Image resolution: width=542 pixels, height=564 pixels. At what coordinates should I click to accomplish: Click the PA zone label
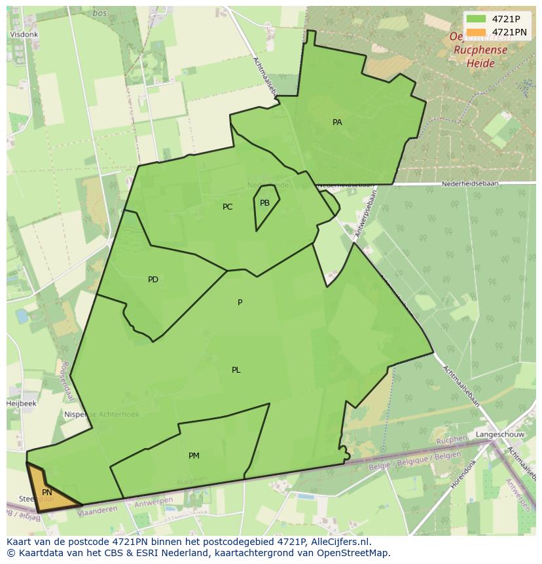pos(337,122)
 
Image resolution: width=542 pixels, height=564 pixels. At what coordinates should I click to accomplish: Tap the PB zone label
pos(264,203)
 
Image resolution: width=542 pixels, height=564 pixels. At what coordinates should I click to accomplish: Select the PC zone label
pos(227,207)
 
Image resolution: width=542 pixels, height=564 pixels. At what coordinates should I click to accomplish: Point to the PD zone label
pos(153,280)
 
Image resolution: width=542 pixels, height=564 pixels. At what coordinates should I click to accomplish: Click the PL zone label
pos(236,370)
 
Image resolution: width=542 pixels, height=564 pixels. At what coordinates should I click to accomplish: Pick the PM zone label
pos(194,456)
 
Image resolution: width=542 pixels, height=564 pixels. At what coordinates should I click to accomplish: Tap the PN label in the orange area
pos(47,493)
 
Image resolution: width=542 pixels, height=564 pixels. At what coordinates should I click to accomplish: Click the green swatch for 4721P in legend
pos(477,19)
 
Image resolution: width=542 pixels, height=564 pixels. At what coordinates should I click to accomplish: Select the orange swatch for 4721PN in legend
pos(477,32)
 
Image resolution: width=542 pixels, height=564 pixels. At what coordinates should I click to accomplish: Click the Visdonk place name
pos(24,35)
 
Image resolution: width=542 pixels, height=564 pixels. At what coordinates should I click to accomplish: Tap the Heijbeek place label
pos(22,404)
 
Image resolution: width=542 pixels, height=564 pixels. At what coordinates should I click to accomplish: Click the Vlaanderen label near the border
pos(98,511)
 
